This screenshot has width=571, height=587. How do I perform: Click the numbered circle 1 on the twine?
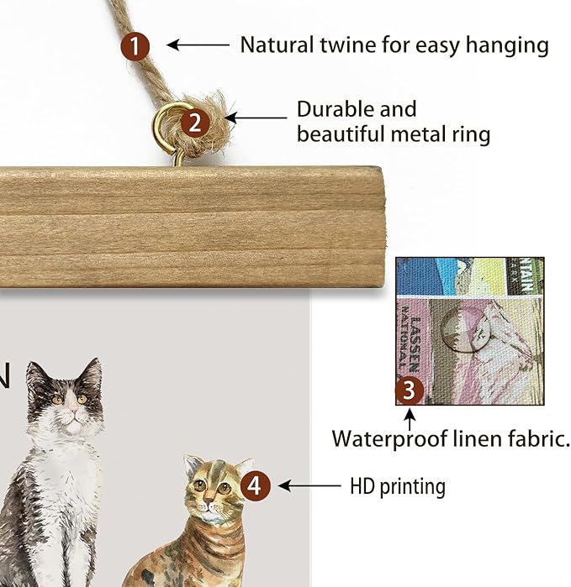[135, 46]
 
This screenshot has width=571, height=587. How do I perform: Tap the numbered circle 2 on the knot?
[195, 123]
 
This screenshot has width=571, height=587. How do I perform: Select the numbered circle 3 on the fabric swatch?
[410, 390]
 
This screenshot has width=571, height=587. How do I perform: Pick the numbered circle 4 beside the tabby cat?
[256, 486]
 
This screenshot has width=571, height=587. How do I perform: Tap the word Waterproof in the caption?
[389, 438]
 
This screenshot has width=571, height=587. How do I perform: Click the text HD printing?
[398, 486]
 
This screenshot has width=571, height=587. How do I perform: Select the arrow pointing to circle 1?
[198, 45]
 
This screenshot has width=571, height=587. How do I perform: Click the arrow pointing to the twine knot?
[256, 118]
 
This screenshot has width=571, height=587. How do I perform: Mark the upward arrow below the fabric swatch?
[410, 419]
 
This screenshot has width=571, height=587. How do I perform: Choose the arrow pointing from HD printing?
[309, 486]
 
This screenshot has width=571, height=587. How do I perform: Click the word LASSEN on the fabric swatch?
[415, 344]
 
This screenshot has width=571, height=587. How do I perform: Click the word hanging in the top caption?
[507, 45]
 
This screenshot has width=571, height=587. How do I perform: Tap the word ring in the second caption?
[471, 134]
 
